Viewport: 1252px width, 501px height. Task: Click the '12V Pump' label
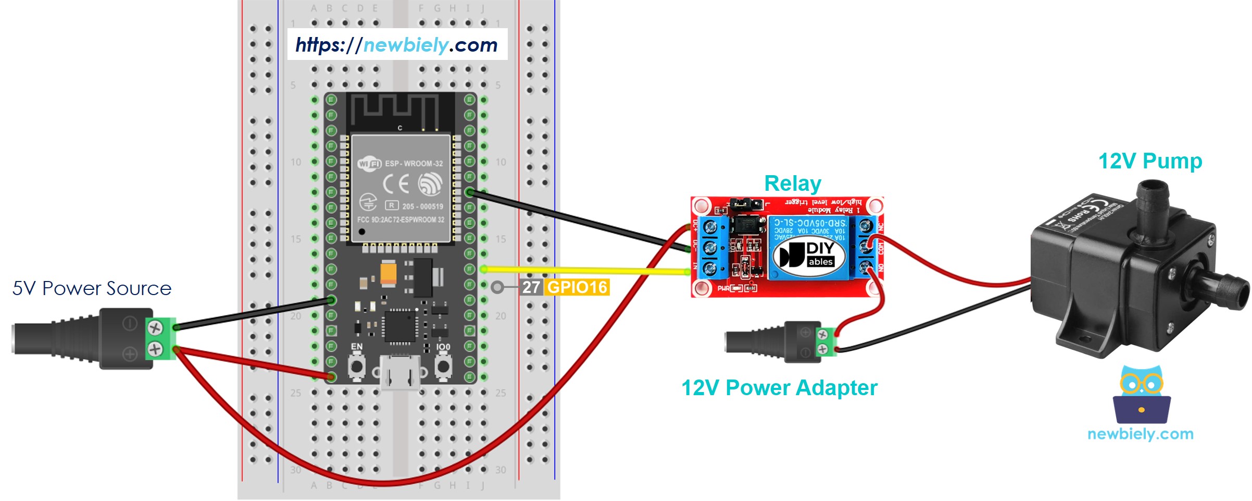(x=1150, y=161)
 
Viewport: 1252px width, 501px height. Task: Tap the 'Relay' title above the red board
(x=792, y=184)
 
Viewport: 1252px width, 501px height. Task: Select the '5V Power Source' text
(x=92, y=288)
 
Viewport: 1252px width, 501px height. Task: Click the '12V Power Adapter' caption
(x=779, y=388)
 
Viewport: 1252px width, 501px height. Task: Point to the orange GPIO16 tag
(x=577, y=287)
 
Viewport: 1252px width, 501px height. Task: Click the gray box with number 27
(x=531, y=287)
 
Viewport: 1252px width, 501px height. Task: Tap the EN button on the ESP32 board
(x=357, y=366)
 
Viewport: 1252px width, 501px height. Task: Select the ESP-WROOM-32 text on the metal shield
(x=414, y=164)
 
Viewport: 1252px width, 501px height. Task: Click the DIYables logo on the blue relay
(x=809, y=254)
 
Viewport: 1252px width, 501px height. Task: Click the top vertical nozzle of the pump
(x=1152, y=209)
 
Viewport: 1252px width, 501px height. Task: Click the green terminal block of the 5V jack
(x=160, y=338)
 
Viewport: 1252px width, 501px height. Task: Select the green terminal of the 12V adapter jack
(x=826, y=342)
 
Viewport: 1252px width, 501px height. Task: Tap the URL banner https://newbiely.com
(x=397, y=45)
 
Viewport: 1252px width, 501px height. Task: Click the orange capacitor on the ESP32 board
(x=389, y=273)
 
